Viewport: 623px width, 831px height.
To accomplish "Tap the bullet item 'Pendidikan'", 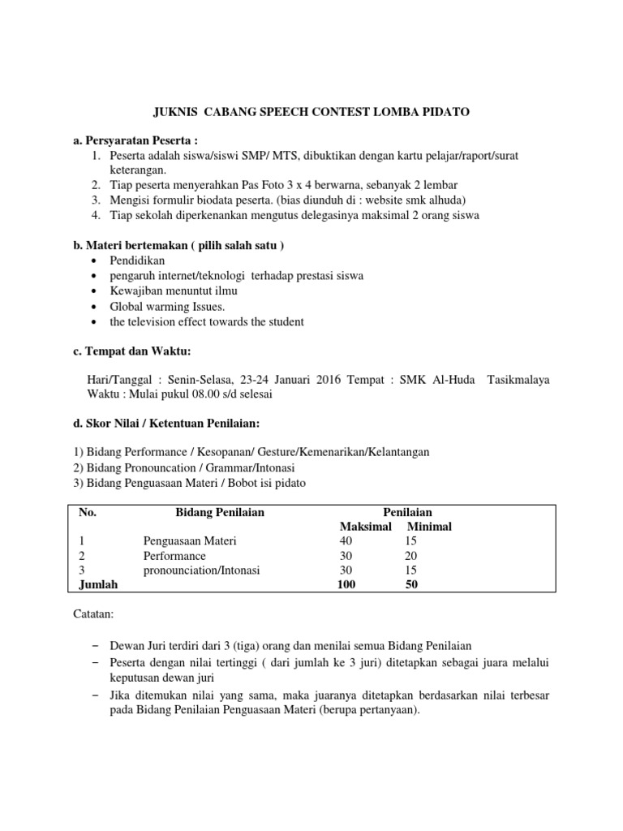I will pyautogui.click(x=137, y=260).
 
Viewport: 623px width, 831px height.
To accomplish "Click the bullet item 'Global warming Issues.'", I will pyautogui.click(x=168, y=307).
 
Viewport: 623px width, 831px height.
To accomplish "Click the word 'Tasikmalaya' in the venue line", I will pyautogui.click(x=518, y=380).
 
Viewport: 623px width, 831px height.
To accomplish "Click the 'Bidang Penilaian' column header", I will pyautogui.click(x=220, y=512).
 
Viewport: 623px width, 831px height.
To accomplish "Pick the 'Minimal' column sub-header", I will pyautogui.click(x=429, y=527).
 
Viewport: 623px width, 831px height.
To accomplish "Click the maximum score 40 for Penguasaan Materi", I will pyautogui.click(x=346, y=541).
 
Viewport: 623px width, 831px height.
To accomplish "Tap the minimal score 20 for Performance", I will pyautogui.click(x=410, y=556).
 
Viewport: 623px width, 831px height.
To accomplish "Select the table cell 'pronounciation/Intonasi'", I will pyautogui.click(x=201, y=571).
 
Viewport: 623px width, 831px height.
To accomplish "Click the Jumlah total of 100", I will pyautogui.click(x=346, y=585).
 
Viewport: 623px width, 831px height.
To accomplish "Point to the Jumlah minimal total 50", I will pyautogui.click(x=410, y=585).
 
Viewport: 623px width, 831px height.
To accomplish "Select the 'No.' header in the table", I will pyautogui.click(x=87, y=512).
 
